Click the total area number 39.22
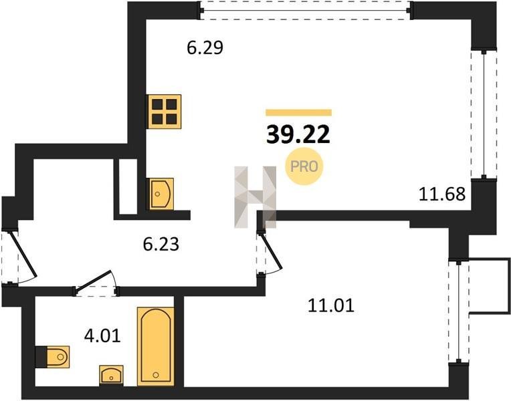(x=298, y=135)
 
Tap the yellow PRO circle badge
(x=304, y=166)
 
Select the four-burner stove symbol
(x=165, y=112)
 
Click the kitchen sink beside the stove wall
(x=161, y=194)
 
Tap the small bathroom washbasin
(x=111, y=374)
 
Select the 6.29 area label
(x=205, y=47)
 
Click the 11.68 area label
(x=442, y=194)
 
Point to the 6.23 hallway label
(x=161, y=244)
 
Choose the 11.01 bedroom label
(x=331, y=306)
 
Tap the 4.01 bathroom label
(x=102, y=336)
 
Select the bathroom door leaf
(x=94, y=280)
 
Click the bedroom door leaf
(x=272, y=251)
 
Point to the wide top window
(x=306, y=11)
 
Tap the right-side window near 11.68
(x=484, y=114)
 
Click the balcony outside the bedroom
(x=490, y=286)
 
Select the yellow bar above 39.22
(x=298, y=113)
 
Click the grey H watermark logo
(x=255, y=197)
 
